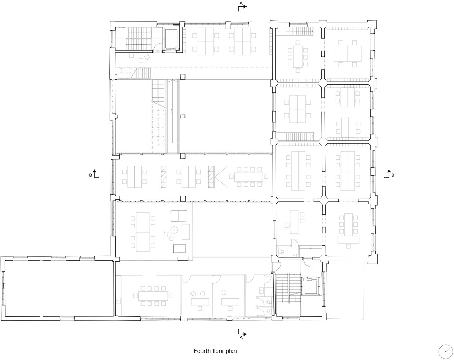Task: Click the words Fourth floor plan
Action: coord(215,351)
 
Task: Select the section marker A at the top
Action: coord(242,6)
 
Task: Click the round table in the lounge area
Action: coord(174,230)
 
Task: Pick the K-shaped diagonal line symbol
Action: coord(220,177)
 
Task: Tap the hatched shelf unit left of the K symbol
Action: coord(211,177)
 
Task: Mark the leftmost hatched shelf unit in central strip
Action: coord(164,177)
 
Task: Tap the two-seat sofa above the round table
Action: coord(179,216)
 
